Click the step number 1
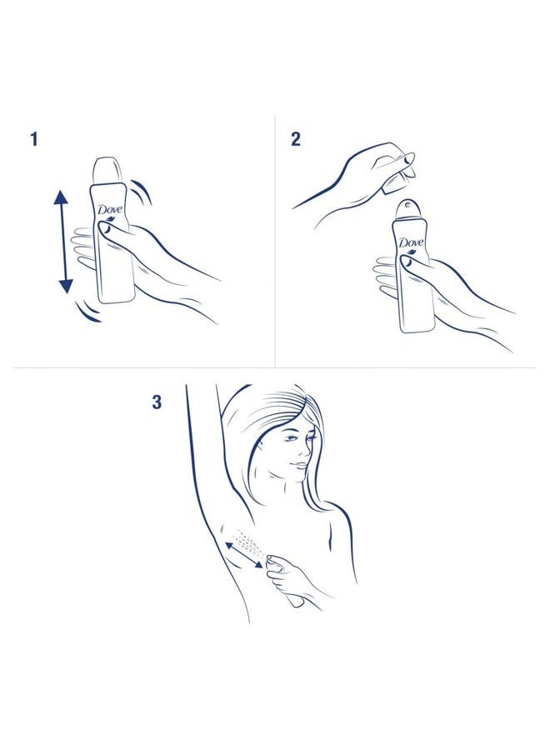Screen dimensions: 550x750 33,139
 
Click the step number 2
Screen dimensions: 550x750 296,139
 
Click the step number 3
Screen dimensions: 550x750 157,402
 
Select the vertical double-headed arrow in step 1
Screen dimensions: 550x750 63,242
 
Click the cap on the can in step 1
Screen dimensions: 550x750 106,171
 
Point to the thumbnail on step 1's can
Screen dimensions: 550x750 105,230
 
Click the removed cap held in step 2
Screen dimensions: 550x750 395,182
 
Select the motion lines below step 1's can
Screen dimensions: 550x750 90,312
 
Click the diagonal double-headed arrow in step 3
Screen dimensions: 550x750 244,555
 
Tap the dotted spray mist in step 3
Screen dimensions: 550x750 251,542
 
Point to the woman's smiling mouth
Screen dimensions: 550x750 297,465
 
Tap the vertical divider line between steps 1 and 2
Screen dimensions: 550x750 275,241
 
